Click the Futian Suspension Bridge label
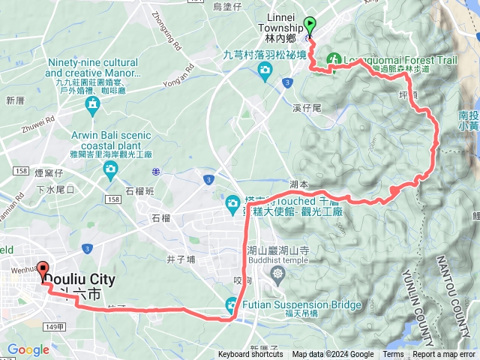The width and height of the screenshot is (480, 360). (298, 305)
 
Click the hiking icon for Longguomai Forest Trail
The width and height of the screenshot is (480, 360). (333, 59)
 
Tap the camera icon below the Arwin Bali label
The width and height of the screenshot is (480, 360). (111, 168)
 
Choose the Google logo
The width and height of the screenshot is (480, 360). (28, 349)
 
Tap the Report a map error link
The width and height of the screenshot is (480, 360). (444, 355)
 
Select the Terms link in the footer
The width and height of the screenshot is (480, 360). (393, 355)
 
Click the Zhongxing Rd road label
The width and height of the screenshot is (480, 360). (166, 30)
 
